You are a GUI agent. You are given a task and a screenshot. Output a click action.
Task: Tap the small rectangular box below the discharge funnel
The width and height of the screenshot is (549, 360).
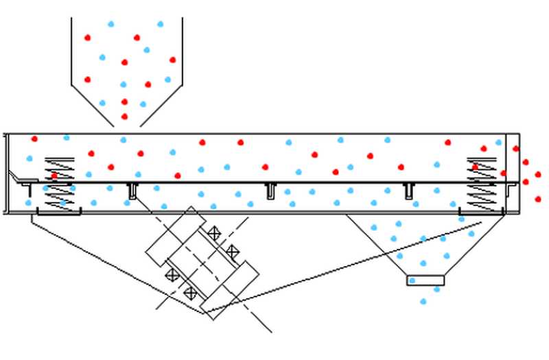click(425, 280)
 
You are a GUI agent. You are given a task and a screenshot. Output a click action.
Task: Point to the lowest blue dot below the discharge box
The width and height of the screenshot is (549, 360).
click(423, 301)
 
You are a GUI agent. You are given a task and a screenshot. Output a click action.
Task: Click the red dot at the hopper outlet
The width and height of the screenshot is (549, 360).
click(124, 117)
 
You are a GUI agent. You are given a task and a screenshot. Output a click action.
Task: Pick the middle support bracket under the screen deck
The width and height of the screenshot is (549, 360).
click(272, 191)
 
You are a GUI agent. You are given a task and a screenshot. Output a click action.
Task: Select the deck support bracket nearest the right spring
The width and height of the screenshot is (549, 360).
click(409, 190)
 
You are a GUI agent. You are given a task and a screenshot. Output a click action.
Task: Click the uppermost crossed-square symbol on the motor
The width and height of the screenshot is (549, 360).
click(214, 233)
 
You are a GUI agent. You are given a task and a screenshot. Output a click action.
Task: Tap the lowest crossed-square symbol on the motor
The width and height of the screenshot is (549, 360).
click(190, 293)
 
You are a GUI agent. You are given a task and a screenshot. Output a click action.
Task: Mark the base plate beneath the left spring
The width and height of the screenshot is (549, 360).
click(58, 213)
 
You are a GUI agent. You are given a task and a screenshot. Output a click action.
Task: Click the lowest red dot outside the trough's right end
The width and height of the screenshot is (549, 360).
click(537, 199)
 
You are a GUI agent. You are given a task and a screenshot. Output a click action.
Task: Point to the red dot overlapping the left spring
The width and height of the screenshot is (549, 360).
click(54, 176)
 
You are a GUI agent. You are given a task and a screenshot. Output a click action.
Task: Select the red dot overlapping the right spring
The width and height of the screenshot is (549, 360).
click(475, 167)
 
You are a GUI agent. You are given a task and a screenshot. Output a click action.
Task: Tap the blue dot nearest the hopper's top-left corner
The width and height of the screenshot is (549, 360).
click(110, 24)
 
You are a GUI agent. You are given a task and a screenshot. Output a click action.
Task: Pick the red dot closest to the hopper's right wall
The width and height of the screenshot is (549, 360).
click(172, 60)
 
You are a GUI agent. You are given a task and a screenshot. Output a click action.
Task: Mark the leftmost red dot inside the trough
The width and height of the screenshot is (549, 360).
click(34, 139)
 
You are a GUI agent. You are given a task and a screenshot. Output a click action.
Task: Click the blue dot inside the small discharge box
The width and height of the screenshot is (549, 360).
click(412, 280)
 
